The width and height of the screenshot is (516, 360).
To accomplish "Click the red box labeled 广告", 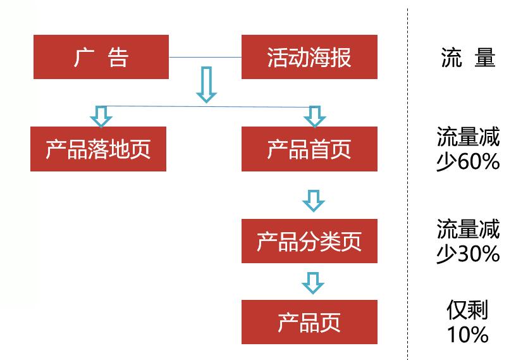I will click(101, 58).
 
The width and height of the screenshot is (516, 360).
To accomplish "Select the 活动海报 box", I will click(309, 58).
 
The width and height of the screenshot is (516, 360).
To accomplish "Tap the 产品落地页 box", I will click(98, 149).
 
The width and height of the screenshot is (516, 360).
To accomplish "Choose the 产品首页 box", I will click(309, 149).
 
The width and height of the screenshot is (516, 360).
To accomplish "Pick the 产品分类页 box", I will click(309, 241).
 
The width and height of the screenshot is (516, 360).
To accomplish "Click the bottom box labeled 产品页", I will click(309, 322).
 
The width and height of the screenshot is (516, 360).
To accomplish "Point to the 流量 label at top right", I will click(468, 58).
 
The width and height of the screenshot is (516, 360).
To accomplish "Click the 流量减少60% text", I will click(468, 149).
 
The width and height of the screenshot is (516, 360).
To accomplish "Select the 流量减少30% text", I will click(468, 241).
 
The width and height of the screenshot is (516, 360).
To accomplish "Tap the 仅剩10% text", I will click(468, 322).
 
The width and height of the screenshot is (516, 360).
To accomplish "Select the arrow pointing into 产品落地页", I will click(101, 116).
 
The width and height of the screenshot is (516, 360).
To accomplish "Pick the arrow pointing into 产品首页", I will click(313, 116).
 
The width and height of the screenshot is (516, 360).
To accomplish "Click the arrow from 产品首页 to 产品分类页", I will click(313, 200).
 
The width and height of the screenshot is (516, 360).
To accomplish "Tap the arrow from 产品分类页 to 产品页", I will click(313, 283).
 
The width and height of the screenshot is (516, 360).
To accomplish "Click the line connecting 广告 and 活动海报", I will click(206, 58).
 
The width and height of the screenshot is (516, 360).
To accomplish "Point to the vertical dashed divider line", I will click(407, 190).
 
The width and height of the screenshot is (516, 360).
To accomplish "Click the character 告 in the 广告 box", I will click(118, 58).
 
